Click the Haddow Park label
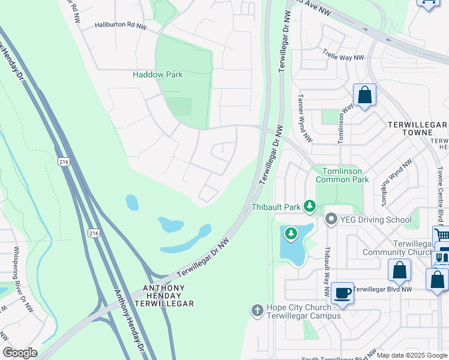[x=157, y=75]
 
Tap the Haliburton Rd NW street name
[x=121, y=26]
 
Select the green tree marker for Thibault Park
[x=310, y=207]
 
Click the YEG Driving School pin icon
[x=331, y=220]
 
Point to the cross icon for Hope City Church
[x=257, y=310]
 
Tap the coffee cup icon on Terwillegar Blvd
[x=342, y=293]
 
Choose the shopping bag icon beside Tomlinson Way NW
[x=364, y=95]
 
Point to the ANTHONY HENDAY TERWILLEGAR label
[x=168, y=296]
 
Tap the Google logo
[x=20, y=353]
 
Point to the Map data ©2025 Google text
[x=412, y=355]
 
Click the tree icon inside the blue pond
[x=291, y=233]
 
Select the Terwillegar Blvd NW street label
[x=382, y=289]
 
